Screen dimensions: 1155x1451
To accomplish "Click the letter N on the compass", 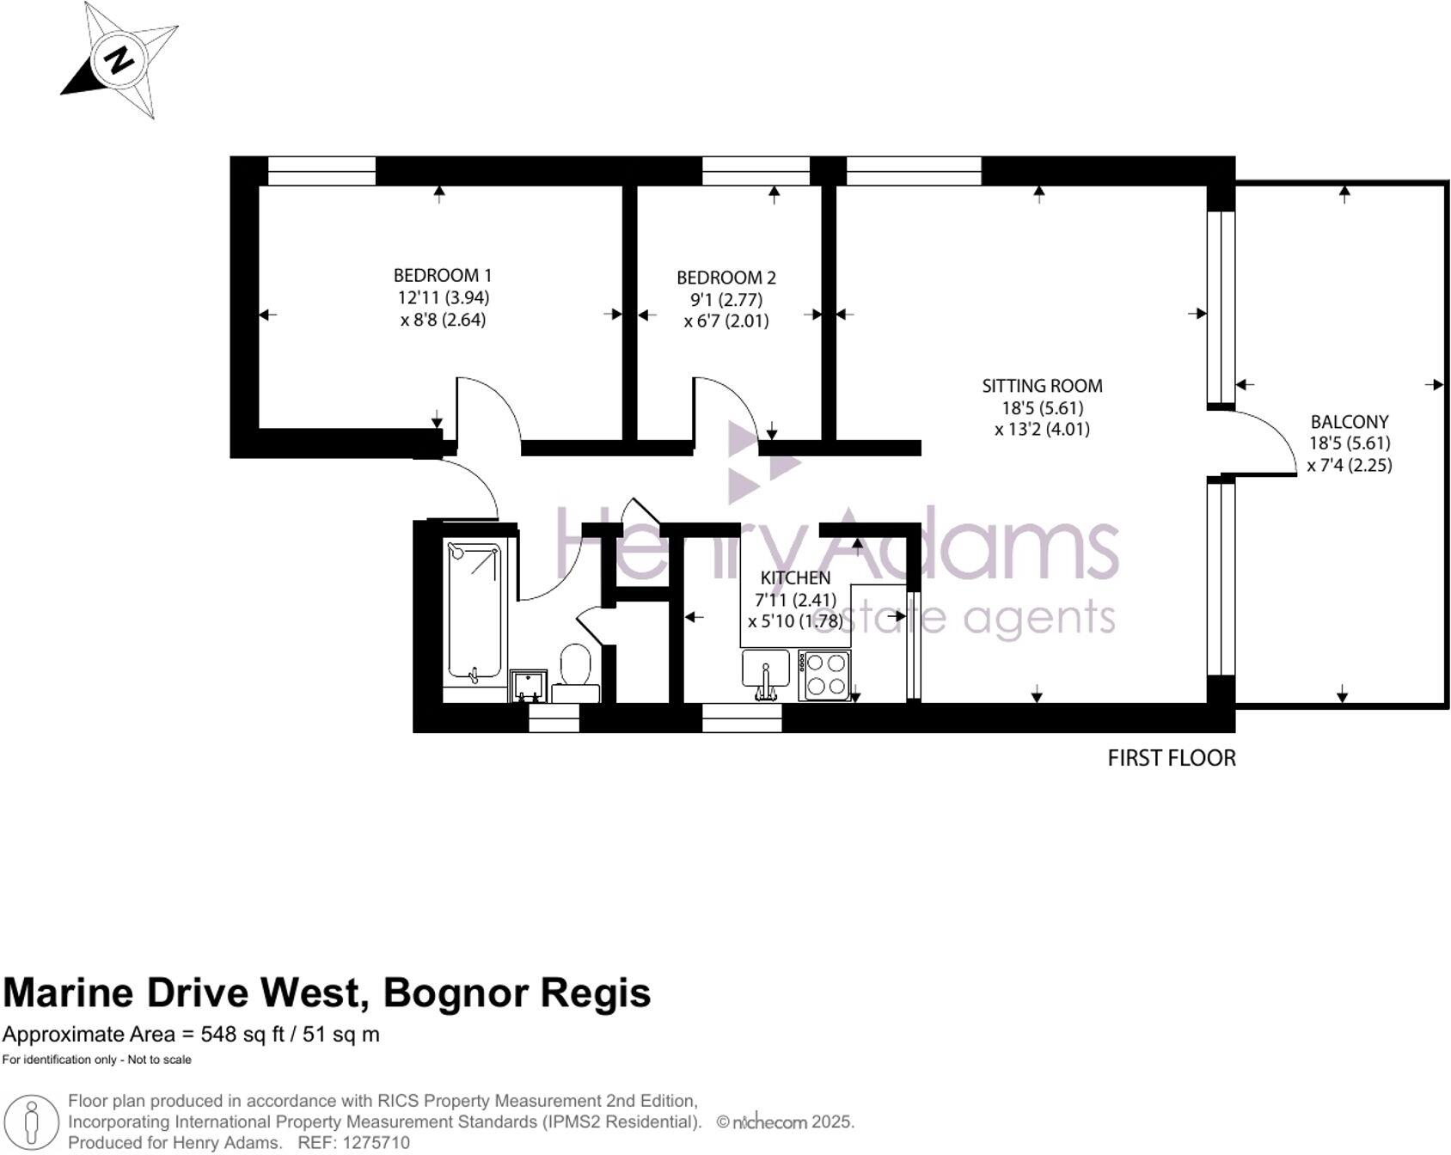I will coord(119,60).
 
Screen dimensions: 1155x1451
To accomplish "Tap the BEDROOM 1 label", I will coord(442,276).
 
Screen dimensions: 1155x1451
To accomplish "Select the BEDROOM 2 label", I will coord(725,278).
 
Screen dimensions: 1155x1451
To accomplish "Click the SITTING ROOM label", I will coord(1042,386).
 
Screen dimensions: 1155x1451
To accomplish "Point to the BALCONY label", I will coord(1349,422).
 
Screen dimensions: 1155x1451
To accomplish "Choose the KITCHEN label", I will coord(795,578).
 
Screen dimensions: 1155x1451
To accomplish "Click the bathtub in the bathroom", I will coord(474,613).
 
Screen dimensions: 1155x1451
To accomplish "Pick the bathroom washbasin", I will coord(528,685).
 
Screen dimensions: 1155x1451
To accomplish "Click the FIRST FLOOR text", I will coord(1171,758).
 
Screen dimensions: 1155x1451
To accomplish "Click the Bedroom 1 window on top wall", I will coord(321,170).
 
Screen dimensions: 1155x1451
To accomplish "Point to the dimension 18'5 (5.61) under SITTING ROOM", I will coord(1041,407).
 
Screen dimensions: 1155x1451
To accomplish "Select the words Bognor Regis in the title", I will coord(517,993).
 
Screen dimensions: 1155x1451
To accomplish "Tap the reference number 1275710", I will coord(377,1143).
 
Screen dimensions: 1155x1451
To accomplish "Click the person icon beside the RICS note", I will coord(32,1121).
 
